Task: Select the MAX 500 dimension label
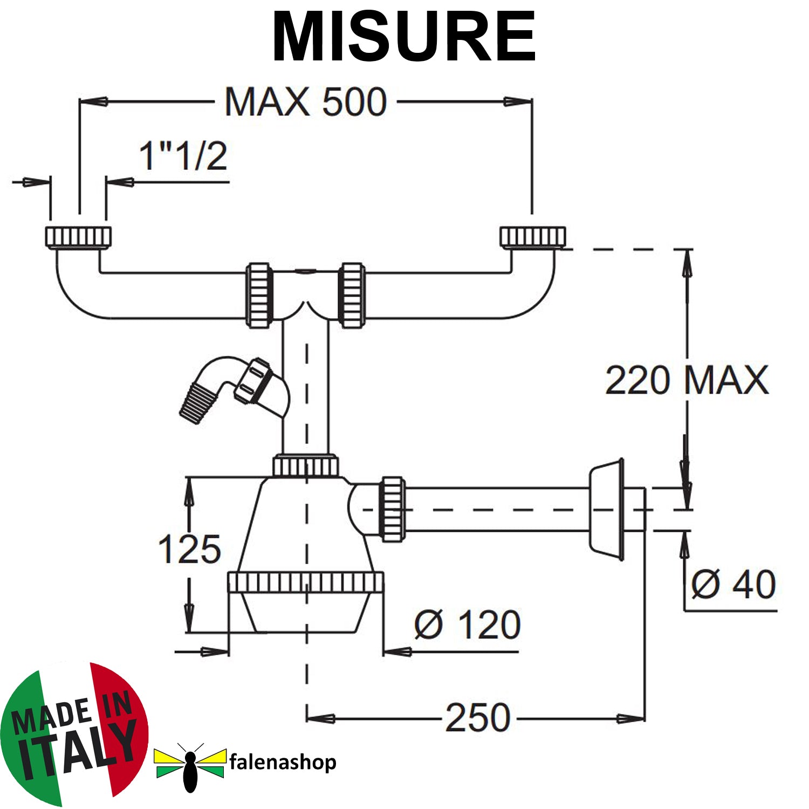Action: tap(306, 101)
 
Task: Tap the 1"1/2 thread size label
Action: tap(183, 156)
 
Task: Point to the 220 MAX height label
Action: tap(687, 380)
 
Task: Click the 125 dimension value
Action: tap(189, 549)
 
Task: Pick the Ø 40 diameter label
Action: tap(733, 584)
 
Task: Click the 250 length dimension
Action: tap(478, 718)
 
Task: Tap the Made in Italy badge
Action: tap(74, 733)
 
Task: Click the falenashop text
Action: tap(283, 762)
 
